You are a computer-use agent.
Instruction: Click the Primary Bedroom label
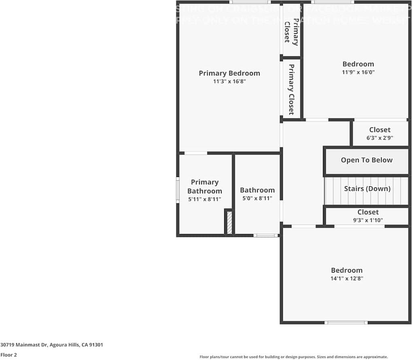click(x=229, y=73)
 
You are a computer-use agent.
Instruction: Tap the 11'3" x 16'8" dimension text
click(x=229, y=81)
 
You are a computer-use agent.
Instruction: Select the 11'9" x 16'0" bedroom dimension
click(x=358, y=72)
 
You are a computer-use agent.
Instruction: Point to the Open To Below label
click(x=366, y=160)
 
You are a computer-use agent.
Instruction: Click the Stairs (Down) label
click(x=367, y=189)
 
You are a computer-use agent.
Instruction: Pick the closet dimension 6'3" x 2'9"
click(x=380, y=138)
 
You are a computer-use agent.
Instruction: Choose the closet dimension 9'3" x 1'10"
click(x=368, y=220)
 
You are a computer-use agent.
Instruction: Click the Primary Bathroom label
click(x=204, y=187)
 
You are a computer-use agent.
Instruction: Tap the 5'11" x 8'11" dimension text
click(x=204, y=199)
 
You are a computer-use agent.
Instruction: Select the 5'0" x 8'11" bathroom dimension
click(x=257, y=198)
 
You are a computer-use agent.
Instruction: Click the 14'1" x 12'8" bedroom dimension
click(x=346, y=279)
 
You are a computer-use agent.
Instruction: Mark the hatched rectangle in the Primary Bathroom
click(x=229, y=222)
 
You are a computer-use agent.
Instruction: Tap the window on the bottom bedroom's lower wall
click(x=346, y=323)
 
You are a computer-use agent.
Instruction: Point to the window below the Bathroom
click(x=265, y=235)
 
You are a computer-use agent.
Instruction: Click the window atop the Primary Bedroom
click(x=250, y=2)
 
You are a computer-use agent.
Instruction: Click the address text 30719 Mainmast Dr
click(x=52, y=345)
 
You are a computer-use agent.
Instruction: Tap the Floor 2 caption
click(x=8, y=355)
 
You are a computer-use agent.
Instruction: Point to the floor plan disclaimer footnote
click(x=293, y=357)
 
